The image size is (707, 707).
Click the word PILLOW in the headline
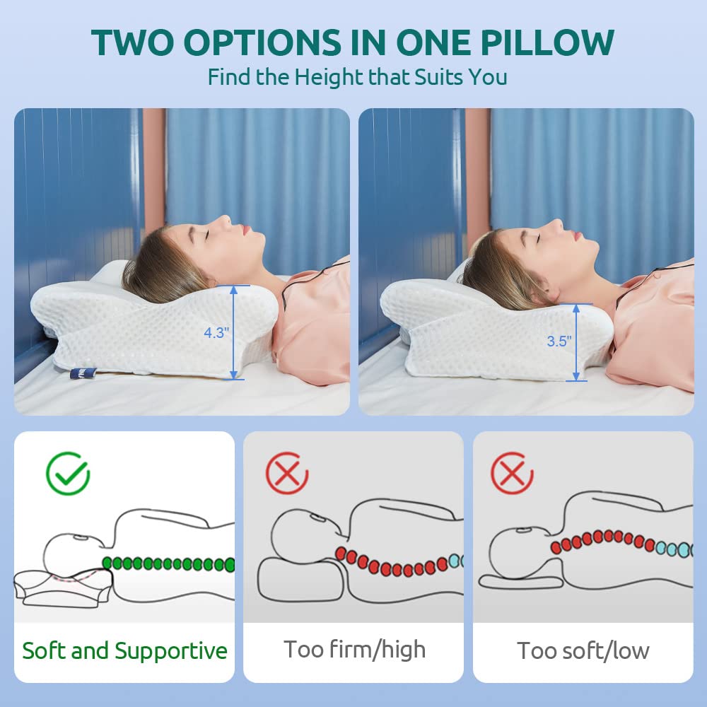547,42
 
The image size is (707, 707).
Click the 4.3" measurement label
216,333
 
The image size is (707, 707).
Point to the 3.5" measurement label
559,341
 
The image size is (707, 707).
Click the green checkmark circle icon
68,474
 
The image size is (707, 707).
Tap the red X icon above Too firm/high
287,473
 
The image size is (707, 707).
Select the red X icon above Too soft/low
512,473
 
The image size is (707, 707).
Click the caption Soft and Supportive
125,650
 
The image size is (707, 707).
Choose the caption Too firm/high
354,650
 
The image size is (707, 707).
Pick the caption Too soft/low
583,650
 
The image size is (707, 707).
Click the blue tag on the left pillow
83,373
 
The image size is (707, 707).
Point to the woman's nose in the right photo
557,224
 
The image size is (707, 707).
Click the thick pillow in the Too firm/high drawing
300,580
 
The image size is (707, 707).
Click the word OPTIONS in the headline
262,42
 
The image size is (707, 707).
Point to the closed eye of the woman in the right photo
539,237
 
